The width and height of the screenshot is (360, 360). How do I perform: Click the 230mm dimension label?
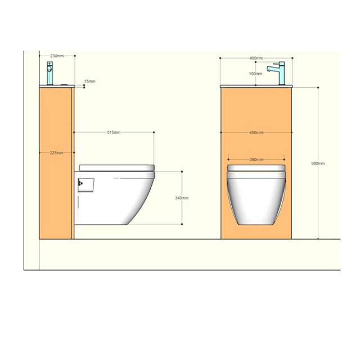click(x=57, y=56)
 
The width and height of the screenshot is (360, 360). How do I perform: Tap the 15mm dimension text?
click(x=89, y=82)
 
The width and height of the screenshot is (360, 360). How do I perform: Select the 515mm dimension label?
click(x=114, y=132)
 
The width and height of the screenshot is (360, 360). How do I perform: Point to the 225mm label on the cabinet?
click(x=56, y=152)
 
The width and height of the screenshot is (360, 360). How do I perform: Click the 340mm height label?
click(x=182, y=198)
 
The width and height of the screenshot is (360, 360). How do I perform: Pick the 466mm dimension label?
click(x=256, y=58)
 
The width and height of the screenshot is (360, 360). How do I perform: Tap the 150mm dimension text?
click(x=256, y=74)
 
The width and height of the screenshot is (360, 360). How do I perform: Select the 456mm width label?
click(x=256, y=133)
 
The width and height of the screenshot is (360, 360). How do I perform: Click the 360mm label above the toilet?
click(x=256, y=159)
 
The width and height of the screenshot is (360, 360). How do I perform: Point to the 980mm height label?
click(x=318, y=163)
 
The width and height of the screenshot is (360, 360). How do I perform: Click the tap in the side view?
click(x=50, y=74)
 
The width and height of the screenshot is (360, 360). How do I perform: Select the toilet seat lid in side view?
click(x=117, y=168)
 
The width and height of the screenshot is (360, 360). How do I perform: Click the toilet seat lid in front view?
click(x=256, y=168)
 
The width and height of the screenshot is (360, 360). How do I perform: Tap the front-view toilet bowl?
click(x=256, y=197)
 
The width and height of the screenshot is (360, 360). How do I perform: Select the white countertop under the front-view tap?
click(x=256, y=86)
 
